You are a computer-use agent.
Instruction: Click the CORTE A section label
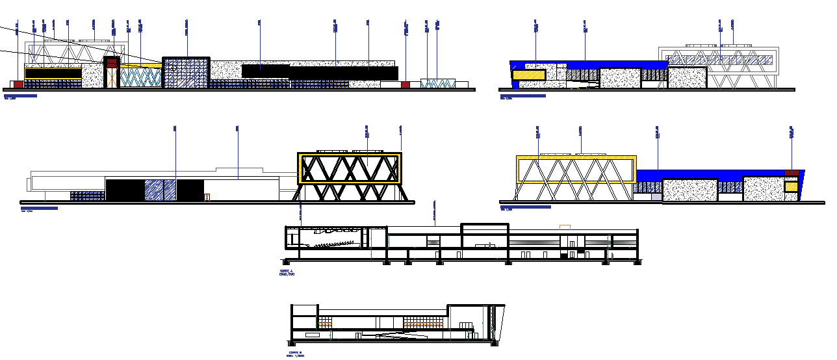[287, 270]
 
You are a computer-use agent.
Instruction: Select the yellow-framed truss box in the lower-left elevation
[349, 168]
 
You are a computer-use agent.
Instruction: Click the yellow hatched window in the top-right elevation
[528, 75]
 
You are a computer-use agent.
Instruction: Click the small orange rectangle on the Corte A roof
[565, 227]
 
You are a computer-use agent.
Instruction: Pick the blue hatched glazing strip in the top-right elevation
[721, 60]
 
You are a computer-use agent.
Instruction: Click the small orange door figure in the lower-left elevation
[207, 196]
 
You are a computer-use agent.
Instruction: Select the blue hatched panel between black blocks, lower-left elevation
[160, 190]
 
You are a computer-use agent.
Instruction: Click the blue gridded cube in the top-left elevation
[186, 73]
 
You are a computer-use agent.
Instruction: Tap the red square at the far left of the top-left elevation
[18, 84]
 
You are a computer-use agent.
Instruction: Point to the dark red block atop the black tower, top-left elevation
[112, 62]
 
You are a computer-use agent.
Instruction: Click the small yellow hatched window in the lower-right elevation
[790, 187]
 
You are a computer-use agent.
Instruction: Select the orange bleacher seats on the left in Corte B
[325, 322]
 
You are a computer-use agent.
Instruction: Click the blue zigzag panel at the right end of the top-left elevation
[437, 83]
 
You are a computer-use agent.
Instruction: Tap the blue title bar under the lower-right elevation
[525, 207]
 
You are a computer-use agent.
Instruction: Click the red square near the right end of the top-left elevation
[406, 84]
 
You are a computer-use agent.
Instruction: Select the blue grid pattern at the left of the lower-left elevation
[87, 196]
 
